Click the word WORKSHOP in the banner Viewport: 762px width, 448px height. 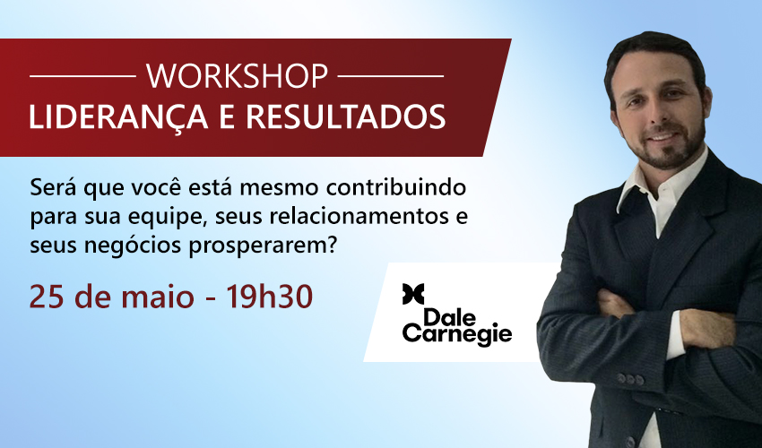click(238, 76)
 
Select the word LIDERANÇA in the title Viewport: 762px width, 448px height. click(118, 116)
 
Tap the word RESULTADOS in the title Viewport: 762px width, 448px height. click(345, 116)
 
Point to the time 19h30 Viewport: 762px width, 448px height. click(269, 296)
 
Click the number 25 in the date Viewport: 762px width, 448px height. click(46, 297)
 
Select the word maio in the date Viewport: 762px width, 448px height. click(158, 297)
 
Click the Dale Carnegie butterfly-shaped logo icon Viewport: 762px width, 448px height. click(413, 294)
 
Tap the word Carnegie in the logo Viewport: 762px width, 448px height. click(457, 334)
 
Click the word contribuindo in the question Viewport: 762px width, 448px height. click(396, 187)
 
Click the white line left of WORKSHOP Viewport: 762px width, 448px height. click(82, 76)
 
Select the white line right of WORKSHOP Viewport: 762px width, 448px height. click(390, 76)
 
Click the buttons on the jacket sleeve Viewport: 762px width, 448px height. click(630, 379)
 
